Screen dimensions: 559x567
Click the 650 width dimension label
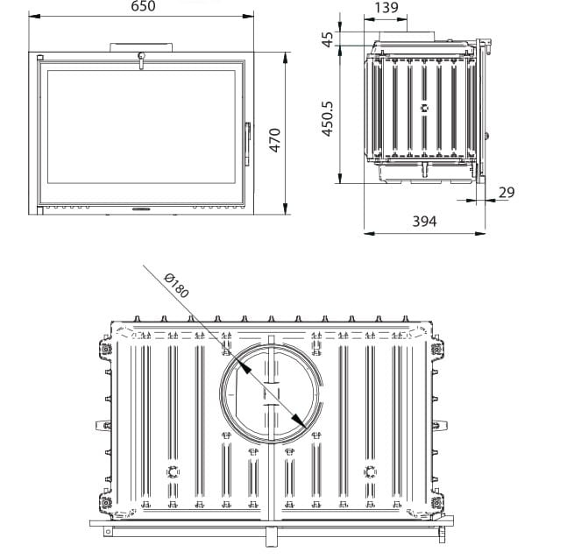[x=143, y=7]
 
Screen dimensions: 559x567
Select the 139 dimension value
[x=386, y=8]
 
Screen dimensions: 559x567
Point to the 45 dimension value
[x=328, y=40]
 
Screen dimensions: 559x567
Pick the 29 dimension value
[x=506, y=192]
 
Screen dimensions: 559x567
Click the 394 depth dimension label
[x=424, y=221]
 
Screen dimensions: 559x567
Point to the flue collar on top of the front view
[x=140, y=46]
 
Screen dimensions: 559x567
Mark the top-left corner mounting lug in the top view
[x=106, y=349]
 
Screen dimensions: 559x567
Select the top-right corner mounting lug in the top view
[x=436, y=349]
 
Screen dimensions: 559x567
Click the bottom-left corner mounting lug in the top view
[x=106, y=504]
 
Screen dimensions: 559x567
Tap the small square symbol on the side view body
[x=424, y=110]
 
